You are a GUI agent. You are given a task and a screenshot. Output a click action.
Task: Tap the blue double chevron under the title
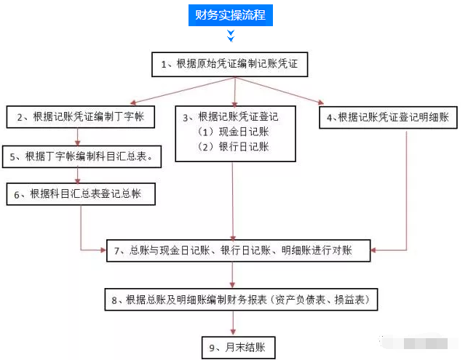click(x=231, y=35)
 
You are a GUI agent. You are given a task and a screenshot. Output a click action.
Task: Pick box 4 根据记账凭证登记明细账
click(x=389, y=117)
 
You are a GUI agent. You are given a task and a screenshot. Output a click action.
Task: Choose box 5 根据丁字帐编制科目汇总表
click(x=82, y=156)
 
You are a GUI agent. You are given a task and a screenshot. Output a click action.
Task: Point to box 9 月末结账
click(x=238, y=347)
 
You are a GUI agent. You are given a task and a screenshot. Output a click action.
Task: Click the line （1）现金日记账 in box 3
click(x=231, y=132)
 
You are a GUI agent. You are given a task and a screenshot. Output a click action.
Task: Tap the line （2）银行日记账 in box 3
click(x=231, y=147)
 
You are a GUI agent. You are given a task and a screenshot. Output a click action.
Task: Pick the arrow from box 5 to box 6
click(x=77, y=175)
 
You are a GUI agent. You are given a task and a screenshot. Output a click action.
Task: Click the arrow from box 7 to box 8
click(x=233, y=275)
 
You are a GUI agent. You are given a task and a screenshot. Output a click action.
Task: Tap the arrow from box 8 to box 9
click(x=233, y=324)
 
